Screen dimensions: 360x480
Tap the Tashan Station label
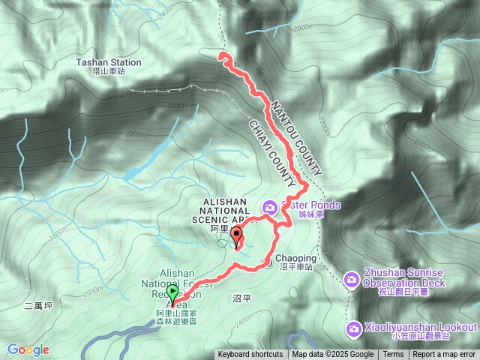(x=108, y=63)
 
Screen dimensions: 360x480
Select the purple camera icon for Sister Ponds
(x=269, y=206)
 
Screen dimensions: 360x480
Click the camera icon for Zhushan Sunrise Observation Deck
(x=351, y=280)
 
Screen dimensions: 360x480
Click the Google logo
(x=28, y=350)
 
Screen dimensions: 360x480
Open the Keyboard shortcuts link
(x=250, y=355)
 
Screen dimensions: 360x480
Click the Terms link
(x=393, y=355)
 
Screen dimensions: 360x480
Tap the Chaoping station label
(x=297, y=259)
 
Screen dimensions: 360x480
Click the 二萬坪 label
(x=38, y=305)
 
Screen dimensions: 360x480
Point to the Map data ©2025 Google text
(x=332, y=355)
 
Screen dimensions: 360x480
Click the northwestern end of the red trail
(x=220, y=55)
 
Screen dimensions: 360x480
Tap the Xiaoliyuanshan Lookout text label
(x=421, y=328)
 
